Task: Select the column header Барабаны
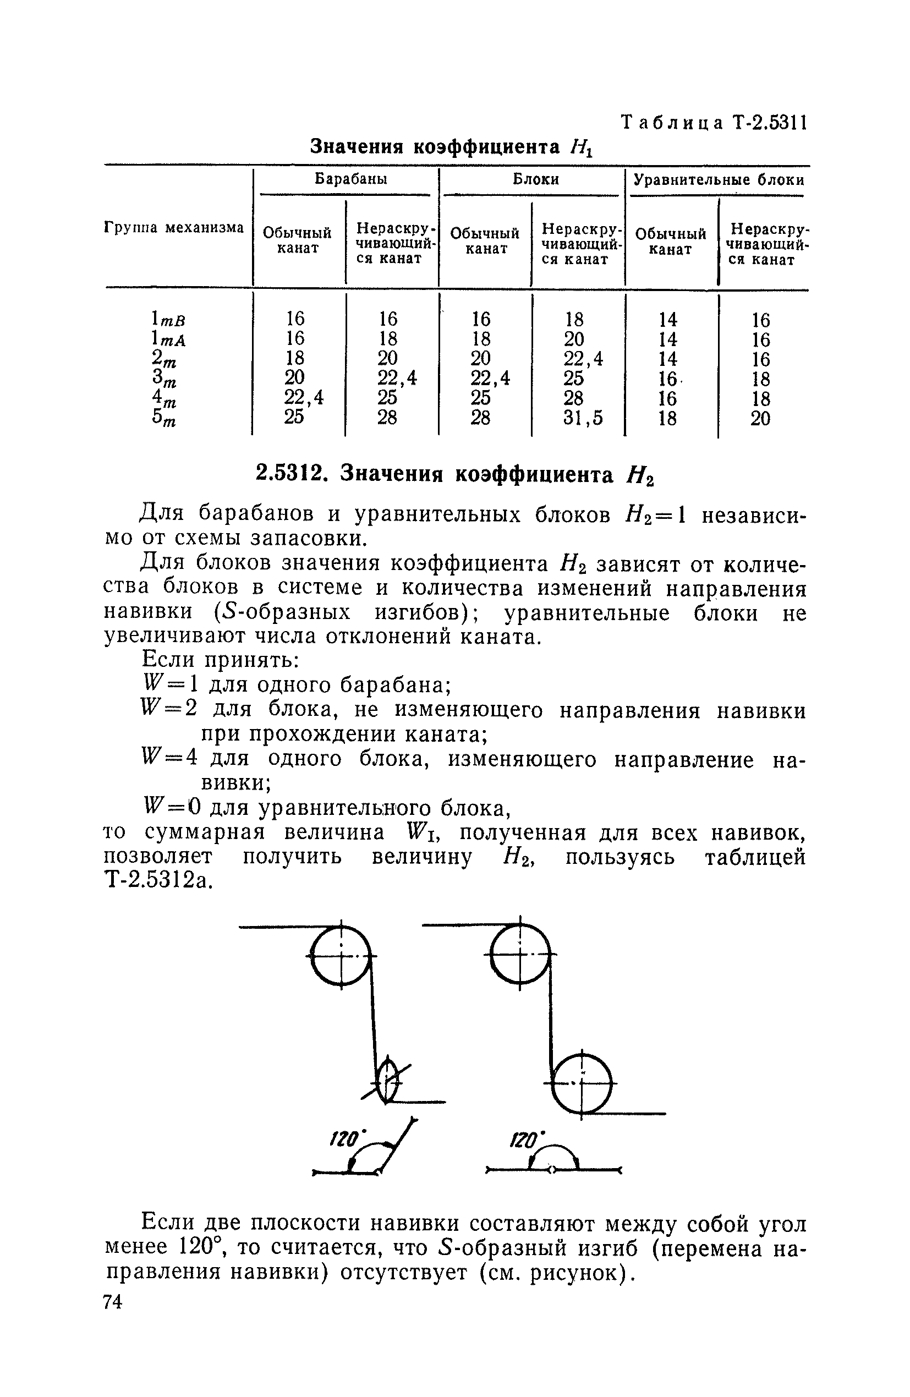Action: (350, 179)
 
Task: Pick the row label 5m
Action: (164, 419)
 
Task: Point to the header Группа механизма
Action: (174, 228)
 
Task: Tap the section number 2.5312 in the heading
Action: (289, 474)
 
